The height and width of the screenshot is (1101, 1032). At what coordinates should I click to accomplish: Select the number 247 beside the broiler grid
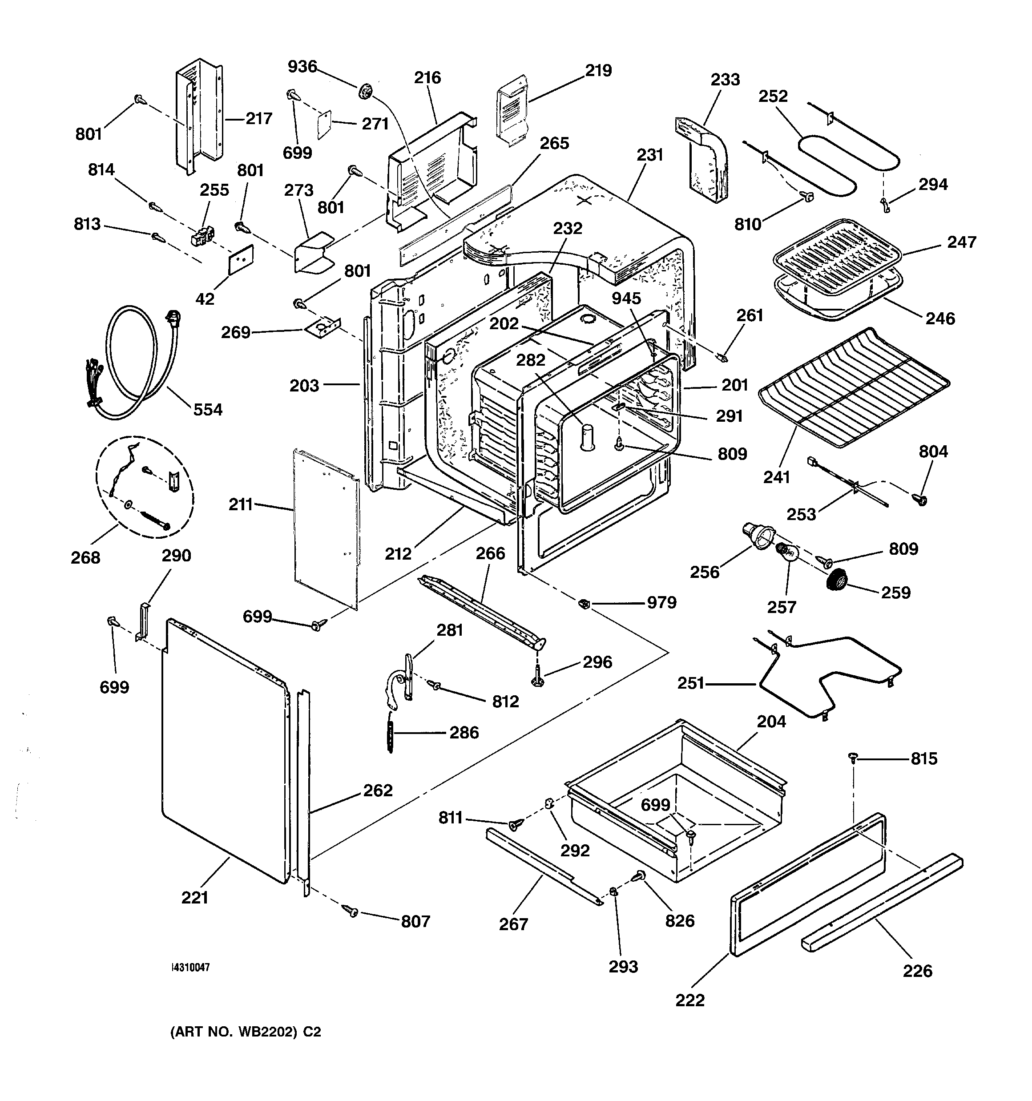click(x=961, y=242)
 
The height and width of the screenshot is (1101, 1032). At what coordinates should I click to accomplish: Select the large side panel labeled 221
click(x=224, y=750)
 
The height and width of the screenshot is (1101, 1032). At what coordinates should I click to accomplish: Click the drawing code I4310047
click(x=190, y=968)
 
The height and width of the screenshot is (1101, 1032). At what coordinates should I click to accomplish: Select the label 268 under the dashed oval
click(x=85, y=558)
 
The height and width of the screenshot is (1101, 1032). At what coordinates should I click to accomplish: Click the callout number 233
click(x=725, y=80)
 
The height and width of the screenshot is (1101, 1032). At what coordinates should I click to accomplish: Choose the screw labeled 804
click(x=919, y=500)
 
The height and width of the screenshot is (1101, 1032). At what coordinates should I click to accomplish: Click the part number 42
click(x=205, y=298)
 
